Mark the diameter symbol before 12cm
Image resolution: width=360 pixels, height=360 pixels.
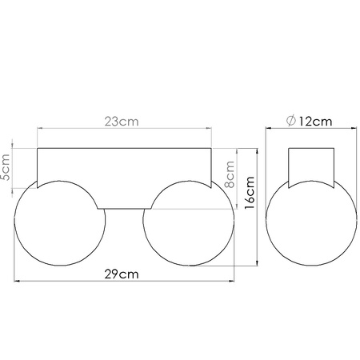pos(290,121)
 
